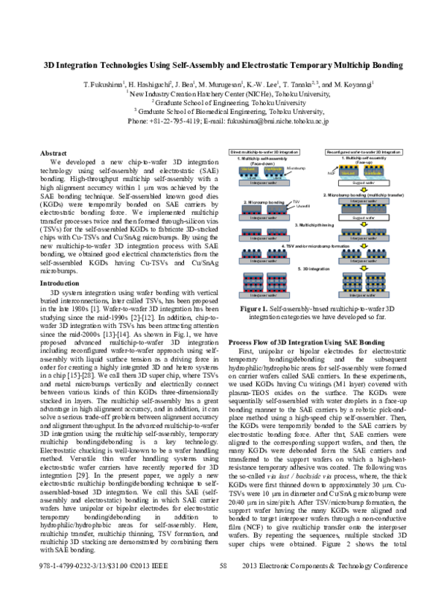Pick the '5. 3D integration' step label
click(x=312, y=268)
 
